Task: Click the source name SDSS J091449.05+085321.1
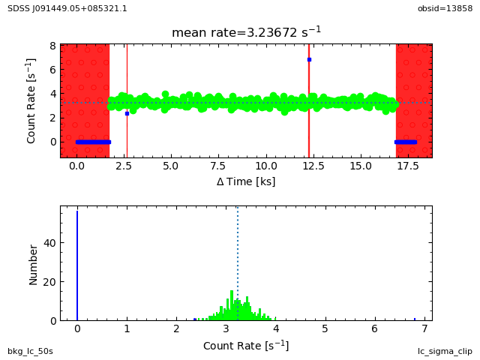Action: tap(67, 8)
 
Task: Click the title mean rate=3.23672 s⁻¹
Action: tap(246, 32)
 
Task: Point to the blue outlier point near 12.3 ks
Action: tap(309, 59)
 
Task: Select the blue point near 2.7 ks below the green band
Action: tap(127, 113)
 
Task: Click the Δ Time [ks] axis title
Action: tap(246, 181)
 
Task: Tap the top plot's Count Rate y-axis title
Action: tap(31, 100)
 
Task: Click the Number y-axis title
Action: tap(33, 263)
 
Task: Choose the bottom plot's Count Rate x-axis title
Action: tap(246, 346)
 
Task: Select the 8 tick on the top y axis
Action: tap(52, 46)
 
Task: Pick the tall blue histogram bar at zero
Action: tap(77, 265)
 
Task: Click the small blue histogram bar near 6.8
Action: tap(415, 319)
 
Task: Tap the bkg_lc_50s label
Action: tap(30, 351)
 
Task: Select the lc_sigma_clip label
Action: tap(445, 351)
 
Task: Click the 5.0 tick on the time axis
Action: tap(171, 167)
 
